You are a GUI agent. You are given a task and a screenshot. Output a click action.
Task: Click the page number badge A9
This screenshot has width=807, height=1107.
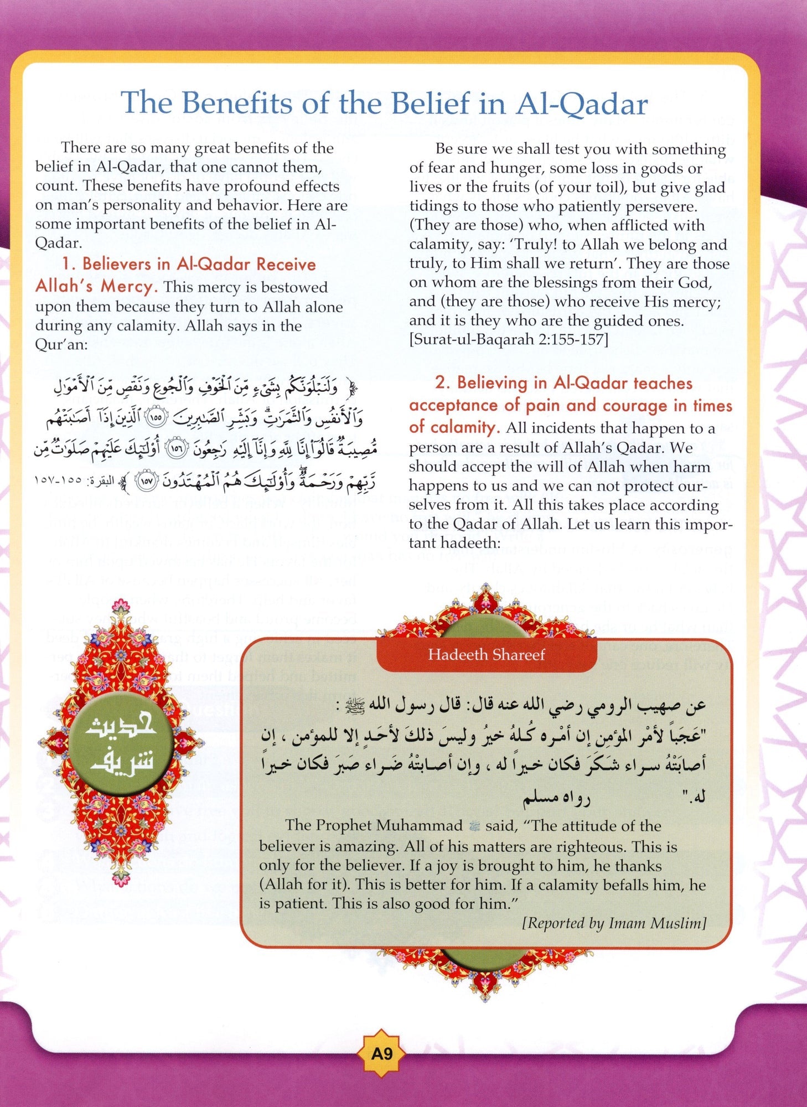pyautogui.click(x=381, y=1053)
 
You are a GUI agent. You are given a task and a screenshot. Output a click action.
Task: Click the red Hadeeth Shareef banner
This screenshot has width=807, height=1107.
pyautogui.click(x=486, y=655)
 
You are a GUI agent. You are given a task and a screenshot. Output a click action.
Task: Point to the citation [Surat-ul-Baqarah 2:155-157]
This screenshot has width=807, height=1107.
pyautogui.click(x=508, y=339)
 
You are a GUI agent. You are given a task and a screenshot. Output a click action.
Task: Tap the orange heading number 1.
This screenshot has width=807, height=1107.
pyautogui.click(x=68, y=264)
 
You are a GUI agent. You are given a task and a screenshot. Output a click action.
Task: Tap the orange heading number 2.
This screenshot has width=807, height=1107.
pyautogui.click(x=442, y=383)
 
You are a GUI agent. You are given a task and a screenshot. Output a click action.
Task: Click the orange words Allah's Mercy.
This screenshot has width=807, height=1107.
pyautogui.click(x=95, y=286)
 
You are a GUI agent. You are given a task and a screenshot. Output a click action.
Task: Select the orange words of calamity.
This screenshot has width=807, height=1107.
pyautogui.click(x=454, y=427)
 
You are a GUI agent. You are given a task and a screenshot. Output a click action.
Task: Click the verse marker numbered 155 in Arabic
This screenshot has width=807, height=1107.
pyautogui.click(x=156, y=418)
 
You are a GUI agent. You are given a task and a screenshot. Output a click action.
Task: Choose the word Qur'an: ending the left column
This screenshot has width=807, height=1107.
pyautogui.click(x=61, y=344)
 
